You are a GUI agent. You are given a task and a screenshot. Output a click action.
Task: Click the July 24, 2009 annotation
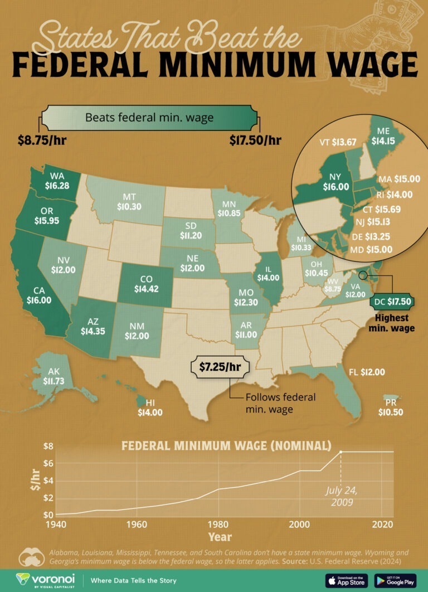coord(342,496)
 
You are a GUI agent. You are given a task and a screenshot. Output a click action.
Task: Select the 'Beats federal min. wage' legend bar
coord(149,118)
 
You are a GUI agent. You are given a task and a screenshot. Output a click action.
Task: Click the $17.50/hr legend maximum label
coord(255,140)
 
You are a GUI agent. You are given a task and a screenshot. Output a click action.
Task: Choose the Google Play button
coord(396,580)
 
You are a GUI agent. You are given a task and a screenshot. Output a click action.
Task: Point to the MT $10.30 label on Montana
coord(129,201)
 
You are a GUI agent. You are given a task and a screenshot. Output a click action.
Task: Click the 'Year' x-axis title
coord(220,537)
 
